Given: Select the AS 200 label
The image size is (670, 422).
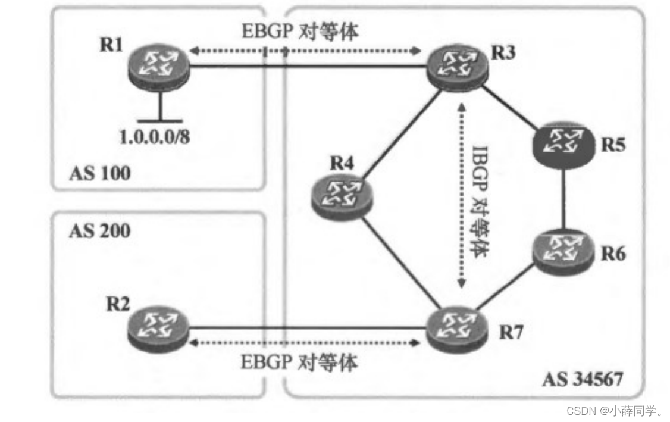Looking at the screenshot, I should tap(99, 231).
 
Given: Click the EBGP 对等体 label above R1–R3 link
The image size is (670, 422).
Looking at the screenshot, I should tap(300, 32).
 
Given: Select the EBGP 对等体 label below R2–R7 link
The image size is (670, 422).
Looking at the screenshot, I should tap(300, 362).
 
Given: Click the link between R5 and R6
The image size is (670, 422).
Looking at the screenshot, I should tap(562, 199).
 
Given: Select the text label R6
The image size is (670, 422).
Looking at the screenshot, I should tap(613, 254).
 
